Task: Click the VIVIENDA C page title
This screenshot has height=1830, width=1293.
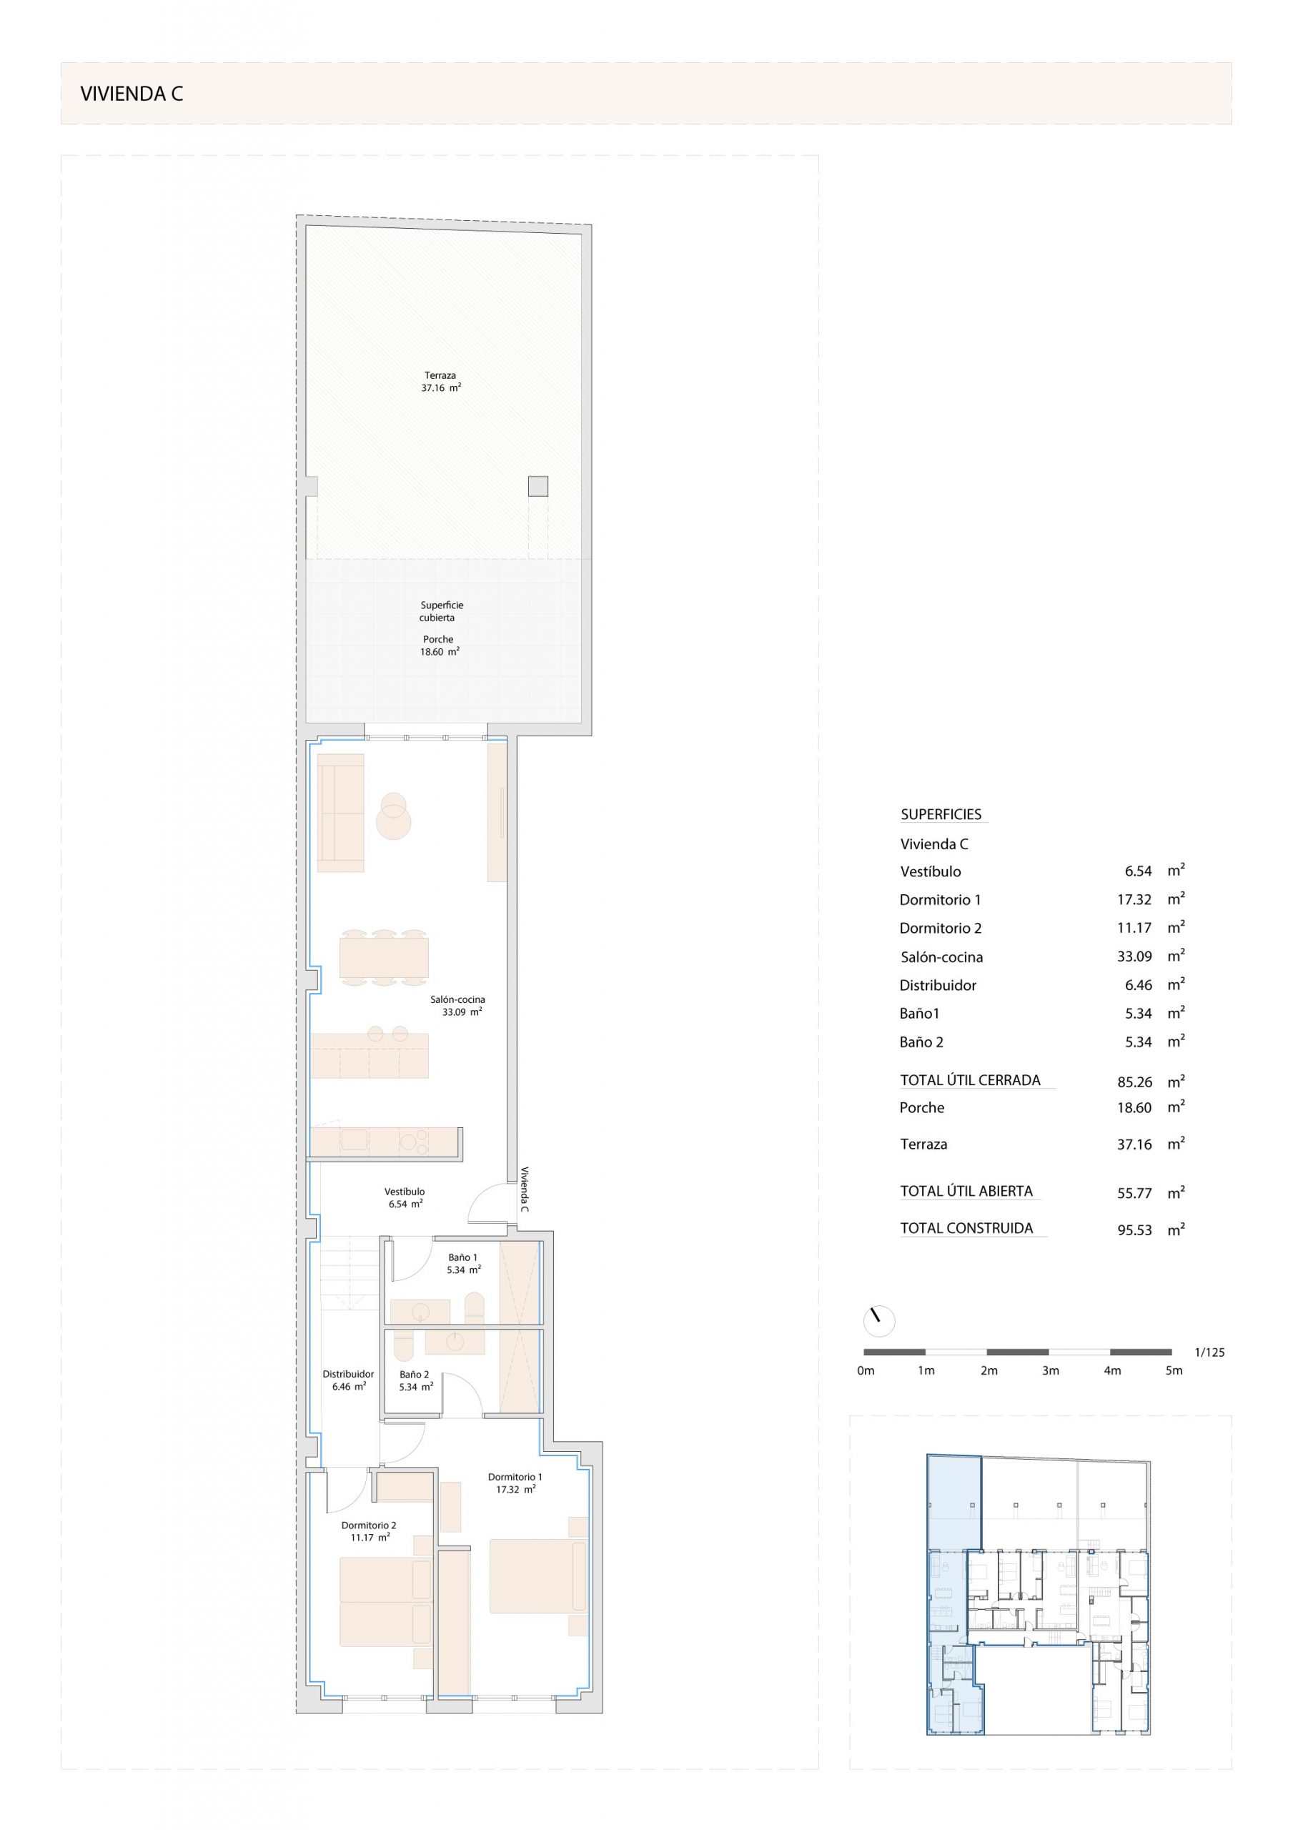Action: (x=132, y=94)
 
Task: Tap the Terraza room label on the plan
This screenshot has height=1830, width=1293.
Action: (x=440, y=375)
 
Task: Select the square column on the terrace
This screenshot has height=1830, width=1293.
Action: (x=538, y=486)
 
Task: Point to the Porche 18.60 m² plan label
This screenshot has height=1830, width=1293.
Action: (x=440, y=646)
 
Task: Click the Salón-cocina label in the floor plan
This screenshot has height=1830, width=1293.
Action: (x=457, y=999)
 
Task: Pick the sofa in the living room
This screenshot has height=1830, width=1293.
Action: (x=340, y=813)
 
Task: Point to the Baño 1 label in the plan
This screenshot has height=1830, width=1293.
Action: (x=462, y=1257)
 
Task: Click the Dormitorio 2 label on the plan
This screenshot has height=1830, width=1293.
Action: (x=369, y=1525)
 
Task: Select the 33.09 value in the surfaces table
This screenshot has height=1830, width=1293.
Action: (x=1134, y=956)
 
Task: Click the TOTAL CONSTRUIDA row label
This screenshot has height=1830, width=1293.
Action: (x=966, y=1228)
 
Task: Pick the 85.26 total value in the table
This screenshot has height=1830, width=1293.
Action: (x=1134, y=1082)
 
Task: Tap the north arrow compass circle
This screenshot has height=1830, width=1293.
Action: (x=879, y=1322)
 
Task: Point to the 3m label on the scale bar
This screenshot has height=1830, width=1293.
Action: (x=1051, y=1371)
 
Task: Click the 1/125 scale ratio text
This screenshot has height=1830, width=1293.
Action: (x=1209, y=1352)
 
